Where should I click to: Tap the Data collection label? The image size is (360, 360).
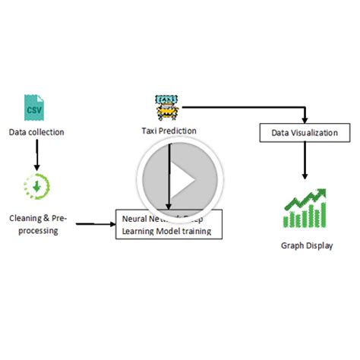pos(36,132)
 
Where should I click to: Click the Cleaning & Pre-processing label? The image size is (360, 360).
pos(39,224)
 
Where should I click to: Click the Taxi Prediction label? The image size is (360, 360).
pos(168,130)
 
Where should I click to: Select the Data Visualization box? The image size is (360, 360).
pos(305,133)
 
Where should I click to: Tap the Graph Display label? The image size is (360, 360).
pos(307,245)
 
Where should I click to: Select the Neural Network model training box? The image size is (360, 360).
pos(169,225)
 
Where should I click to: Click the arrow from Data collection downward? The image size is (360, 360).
pos(36,156)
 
